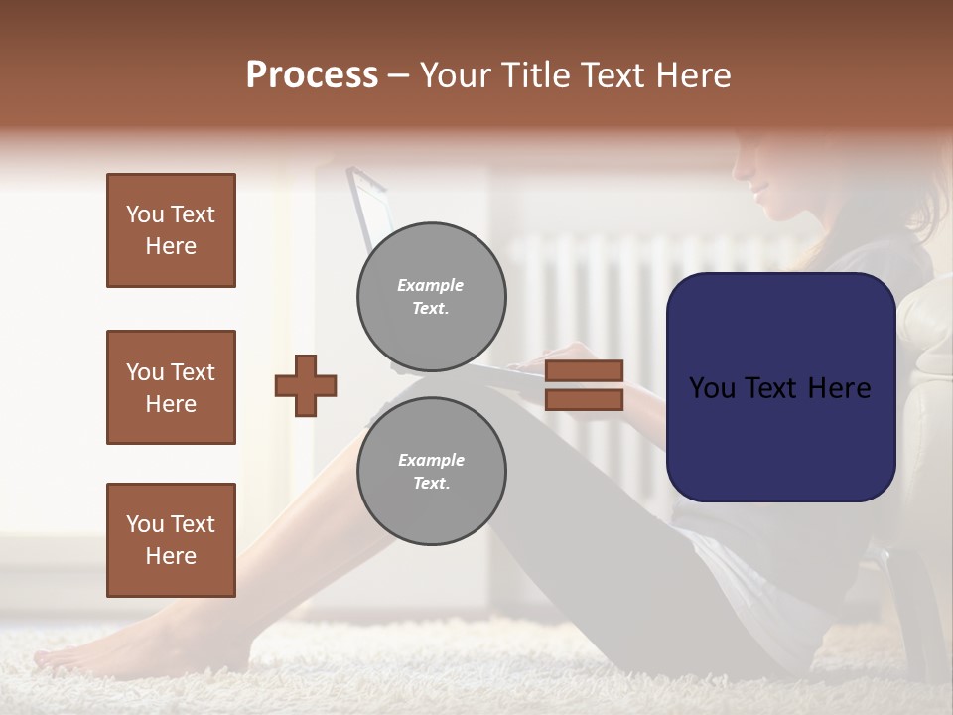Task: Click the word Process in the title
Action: point(312,75)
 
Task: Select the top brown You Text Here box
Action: point(171,230)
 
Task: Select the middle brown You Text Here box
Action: point(171,387)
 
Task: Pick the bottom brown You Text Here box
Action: point(171,540)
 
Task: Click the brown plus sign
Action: point(306,385)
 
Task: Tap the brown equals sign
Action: point(584,385)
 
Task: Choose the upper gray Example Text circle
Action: point(431,297)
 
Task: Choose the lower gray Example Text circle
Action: point(431,472)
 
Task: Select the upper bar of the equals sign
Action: point(584,371)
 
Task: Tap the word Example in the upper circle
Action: point(431,285)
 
